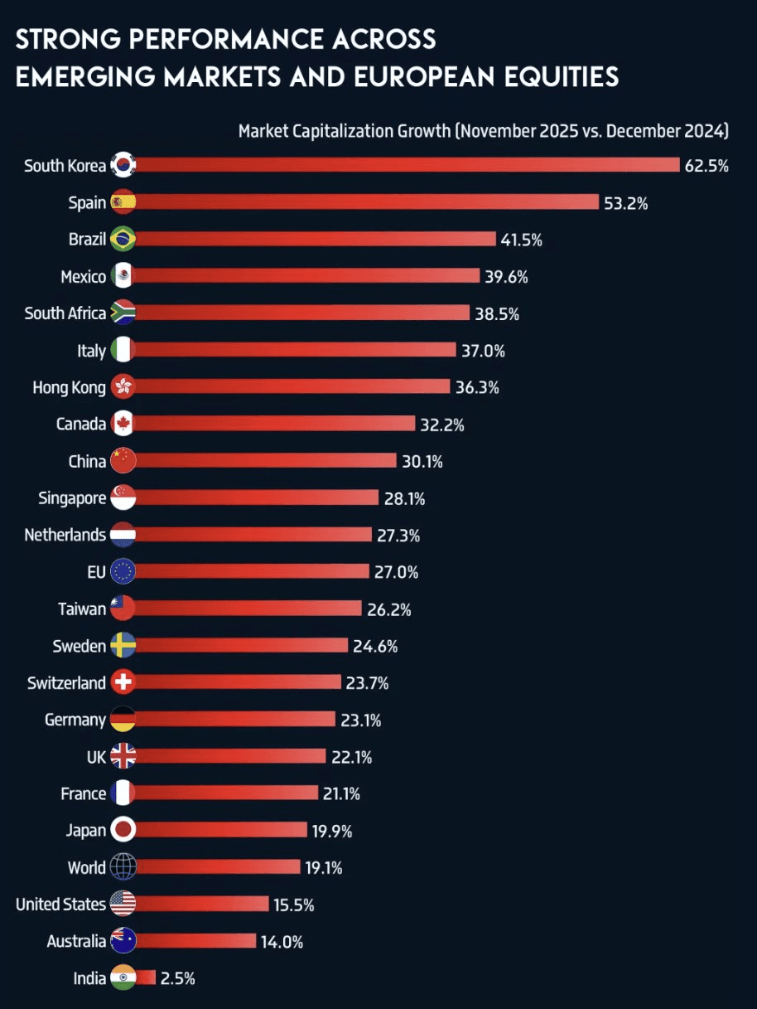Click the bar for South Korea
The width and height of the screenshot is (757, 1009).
click(x=406, y=165)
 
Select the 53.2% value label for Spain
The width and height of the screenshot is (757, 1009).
click(x=625, y=203)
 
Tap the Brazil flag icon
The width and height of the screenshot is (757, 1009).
click(x=123, y=240)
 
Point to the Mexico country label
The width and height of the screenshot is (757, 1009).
click(x=83, y=277)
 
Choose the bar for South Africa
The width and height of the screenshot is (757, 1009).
click(x=298, y=313)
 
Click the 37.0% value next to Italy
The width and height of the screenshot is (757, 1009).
click(x=483, y=351)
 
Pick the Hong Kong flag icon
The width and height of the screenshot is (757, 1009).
click(x=123, y=387)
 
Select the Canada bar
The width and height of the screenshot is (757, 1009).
click(x=273, y=424)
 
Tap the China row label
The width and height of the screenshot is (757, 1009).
click(x=87, y=462)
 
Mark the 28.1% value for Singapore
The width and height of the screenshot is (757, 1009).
click(x=405, y=498)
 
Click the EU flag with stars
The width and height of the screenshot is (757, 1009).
click(x=123, y=572)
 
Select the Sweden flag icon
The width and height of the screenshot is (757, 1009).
click(x=123, y=646)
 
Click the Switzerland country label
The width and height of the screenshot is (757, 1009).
click(x=66, y=683)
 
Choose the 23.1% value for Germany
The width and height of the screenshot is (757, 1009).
click(x=360, y=720)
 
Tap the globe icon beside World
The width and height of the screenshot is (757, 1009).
click(x=123, y=867)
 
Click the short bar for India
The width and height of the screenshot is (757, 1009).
click(x=146, y=978)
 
